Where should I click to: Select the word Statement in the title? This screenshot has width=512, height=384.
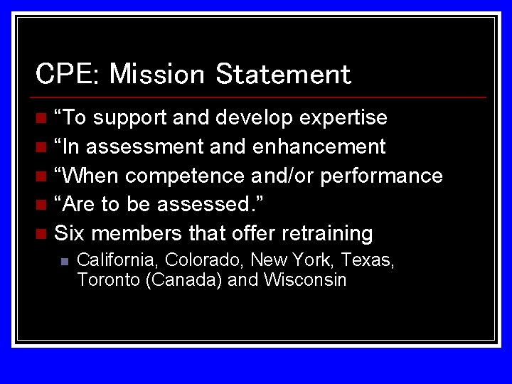point(283,73)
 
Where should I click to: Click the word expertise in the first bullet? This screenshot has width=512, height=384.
point(343,117)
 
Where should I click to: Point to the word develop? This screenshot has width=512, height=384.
point(255,118)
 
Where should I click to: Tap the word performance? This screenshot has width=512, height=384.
point(382,176)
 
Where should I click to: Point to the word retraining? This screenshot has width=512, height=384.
point(327,233)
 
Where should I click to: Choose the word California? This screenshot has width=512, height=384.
point(118,260)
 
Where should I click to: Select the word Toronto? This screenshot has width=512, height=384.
point(108,279)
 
